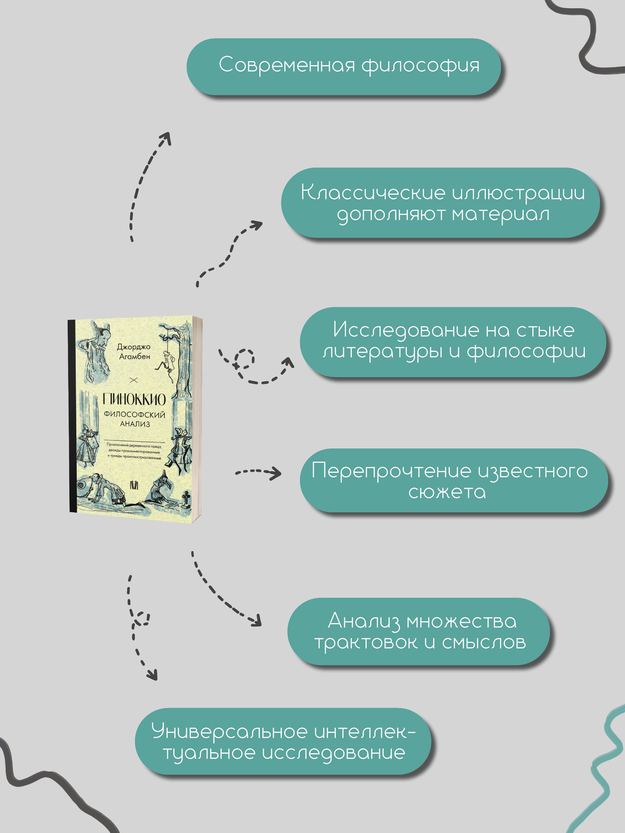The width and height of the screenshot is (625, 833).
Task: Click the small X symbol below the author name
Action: pos(134,380)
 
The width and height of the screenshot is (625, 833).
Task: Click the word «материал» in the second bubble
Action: pos(501,214)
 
